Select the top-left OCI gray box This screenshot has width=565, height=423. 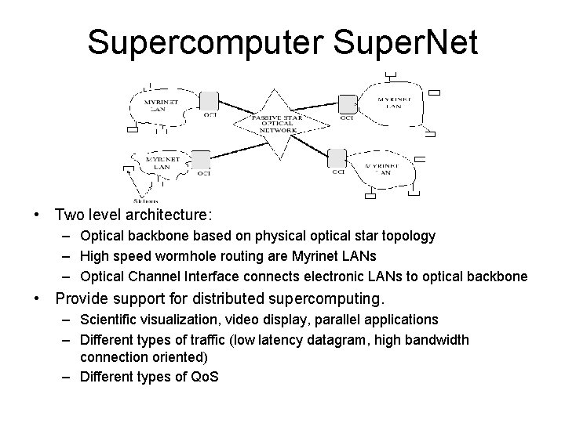[x=209, y=101]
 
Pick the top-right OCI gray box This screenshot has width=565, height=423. [x=347, y=103]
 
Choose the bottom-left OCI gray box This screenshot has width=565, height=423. [x=200, y=160]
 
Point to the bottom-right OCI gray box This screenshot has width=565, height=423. [x=337, y=157]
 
